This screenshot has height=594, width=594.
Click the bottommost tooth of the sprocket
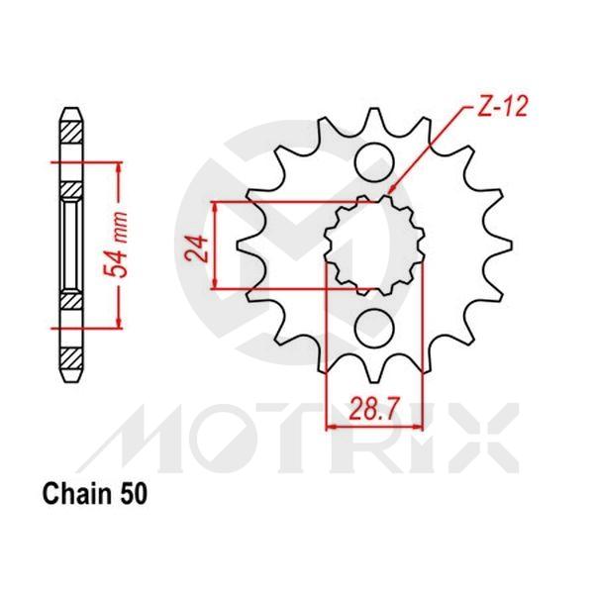point(374,374)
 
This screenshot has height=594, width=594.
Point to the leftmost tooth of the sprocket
point(242,243)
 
